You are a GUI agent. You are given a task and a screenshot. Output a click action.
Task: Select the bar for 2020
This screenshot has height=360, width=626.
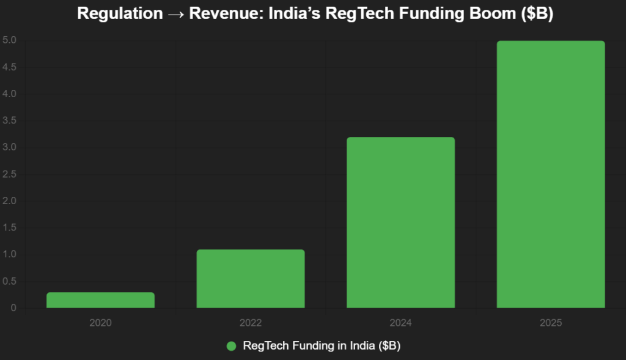tap(100, 300)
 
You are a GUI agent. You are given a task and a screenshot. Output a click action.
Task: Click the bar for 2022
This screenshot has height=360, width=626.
tap(251, 279)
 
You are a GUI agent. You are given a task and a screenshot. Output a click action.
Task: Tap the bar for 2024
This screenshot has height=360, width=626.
tap(400, 222)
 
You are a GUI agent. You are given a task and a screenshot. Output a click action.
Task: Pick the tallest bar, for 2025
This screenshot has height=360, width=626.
tap(550, 174)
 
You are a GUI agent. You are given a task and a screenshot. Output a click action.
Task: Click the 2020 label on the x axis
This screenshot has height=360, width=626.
tap(100, 323)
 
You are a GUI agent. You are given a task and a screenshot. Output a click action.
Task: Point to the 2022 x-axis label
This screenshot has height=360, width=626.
tap(251, 323)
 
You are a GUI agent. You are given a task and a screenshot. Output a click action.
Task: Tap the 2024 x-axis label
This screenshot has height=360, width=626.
tap(400, 323)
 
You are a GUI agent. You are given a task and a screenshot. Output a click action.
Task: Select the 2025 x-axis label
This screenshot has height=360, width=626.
tap(550, 323)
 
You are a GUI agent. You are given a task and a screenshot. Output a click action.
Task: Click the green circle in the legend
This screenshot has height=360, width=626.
tap(231, 346)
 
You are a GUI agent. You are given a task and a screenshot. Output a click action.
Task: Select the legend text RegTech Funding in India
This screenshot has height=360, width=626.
tap(322, 346)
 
